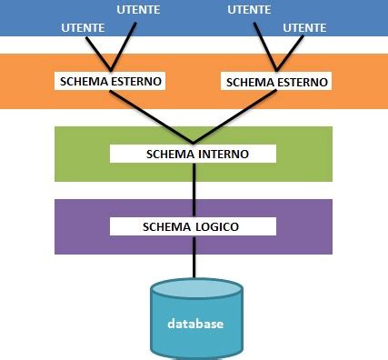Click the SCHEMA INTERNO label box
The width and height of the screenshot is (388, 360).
193,154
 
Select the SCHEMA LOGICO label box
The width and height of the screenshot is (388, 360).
193,225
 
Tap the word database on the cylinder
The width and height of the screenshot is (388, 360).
195,324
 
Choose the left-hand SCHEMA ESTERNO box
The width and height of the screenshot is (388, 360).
110,81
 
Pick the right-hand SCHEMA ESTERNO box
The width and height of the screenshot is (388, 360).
274,81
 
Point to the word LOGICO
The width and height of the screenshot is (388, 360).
215,225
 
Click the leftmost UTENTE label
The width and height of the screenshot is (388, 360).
82,29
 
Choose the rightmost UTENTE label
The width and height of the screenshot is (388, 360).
304,29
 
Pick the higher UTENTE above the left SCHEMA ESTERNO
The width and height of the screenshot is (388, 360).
139,10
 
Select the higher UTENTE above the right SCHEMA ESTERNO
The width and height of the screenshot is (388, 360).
248,10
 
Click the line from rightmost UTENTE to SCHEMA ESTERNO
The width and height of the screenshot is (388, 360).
291,50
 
